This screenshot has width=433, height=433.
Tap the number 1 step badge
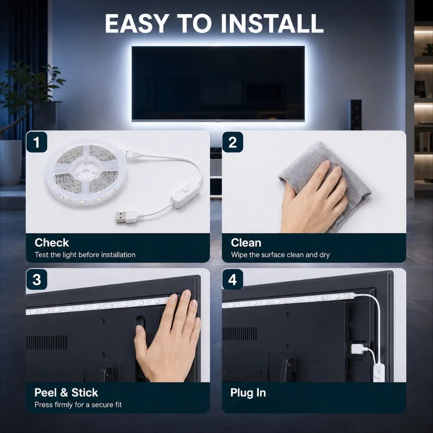[x=37, y=142]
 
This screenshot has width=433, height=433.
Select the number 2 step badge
[x=233, y=142]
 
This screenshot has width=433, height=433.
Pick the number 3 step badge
[x=37, y=279]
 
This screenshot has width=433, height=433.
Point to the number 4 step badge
[x=233, y=279]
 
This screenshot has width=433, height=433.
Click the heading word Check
[x=52, y=243]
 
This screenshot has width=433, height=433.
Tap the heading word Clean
[x=246, y=243]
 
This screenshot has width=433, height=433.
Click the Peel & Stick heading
[x=66, y=392]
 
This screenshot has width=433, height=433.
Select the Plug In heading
[x=248, y=393]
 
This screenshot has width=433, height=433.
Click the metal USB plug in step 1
[x=120, y=217]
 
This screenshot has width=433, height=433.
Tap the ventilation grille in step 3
[x=47, y=343]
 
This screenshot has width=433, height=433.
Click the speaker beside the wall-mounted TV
[x=355, y=115]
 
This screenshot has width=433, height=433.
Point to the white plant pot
[x=11, y=162]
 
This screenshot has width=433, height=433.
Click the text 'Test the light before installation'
[x=85, y=255]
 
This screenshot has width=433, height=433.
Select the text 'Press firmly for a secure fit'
[x=78, y=404]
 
